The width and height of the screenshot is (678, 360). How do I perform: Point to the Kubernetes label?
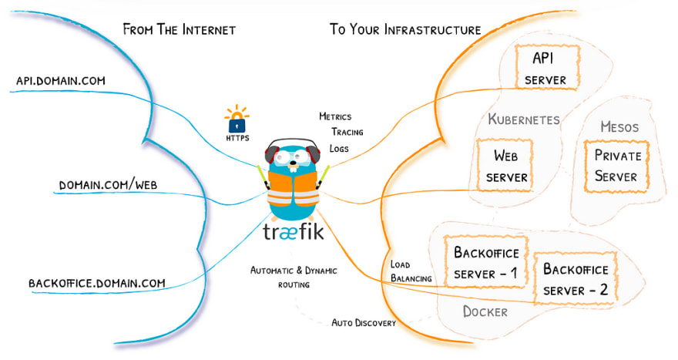coord(524,119)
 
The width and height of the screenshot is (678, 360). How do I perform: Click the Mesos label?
coord(619,126)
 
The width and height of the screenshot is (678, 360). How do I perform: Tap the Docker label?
coord(485,311)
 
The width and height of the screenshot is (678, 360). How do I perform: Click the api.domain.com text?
coord(61,81)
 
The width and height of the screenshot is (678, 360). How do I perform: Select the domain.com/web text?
coord(108,185)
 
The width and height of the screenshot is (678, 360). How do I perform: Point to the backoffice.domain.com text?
coord(97,284)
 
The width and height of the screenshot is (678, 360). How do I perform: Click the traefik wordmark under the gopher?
coord(294,232)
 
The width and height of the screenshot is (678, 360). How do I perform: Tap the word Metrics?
coord(335,116)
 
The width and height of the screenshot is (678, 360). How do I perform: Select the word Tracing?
coord(347,132)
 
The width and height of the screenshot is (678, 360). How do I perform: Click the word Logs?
coord(339,149)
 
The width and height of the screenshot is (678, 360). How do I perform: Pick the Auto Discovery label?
coord(364,323)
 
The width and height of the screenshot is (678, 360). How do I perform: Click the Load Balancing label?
coord(411,271)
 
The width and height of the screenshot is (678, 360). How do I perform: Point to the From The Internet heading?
coord(179,29)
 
